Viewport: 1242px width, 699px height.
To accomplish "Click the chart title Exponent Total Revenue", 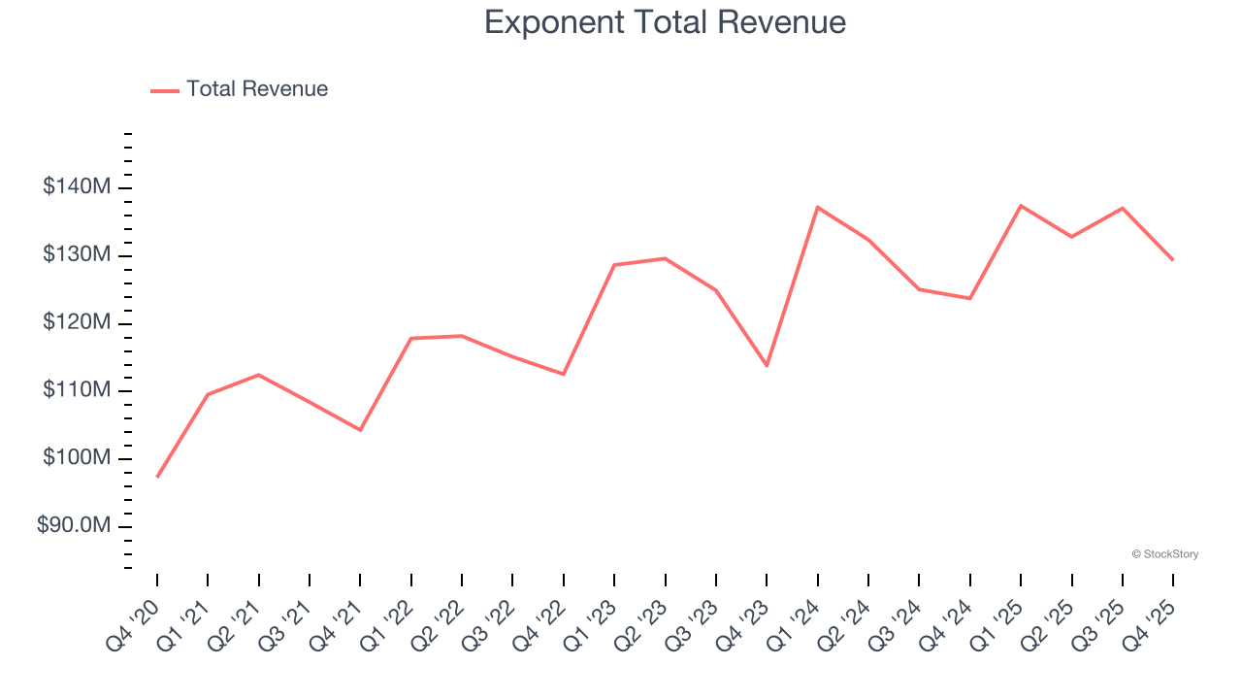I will pos(665,21).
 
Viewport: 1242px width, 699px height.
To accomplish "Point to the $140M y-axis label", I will pos(77,187).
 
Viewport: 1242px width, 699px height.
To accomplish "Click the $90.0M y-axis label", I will pos(74,526).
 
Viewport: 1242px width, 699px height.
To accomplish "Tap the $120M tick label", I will pos(77,322).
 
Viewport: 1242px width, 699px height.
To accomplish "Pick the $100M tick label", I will pos(77,458).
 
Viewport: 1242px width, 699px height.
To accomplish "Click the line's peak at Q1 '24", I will pos(818,207).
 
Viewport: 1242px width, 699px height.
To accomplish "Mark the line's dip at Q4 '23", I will pos(767,365).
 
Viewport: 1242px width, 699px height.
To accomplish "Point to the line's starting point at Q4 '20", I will pos(157,477).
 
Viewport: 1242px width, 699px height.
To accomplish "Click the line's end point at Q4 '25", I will pos(1173,260).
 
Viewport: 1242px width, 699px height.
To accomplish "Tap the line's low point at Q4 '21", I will pos(360,429).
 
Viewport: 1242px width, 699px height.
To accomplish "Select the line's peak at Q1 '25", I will pos(1021,206).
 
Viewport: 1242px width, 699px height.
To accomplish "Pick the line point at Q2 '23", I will pos(665,258).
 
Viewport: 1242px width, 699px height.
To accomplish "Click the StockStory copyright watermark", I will pos(1164,554).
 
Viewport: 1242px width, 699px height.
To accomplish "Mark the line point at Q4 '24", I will pos(969,298).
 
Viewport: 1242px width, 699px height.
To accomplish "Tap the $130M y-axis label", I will pos(77,255).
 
